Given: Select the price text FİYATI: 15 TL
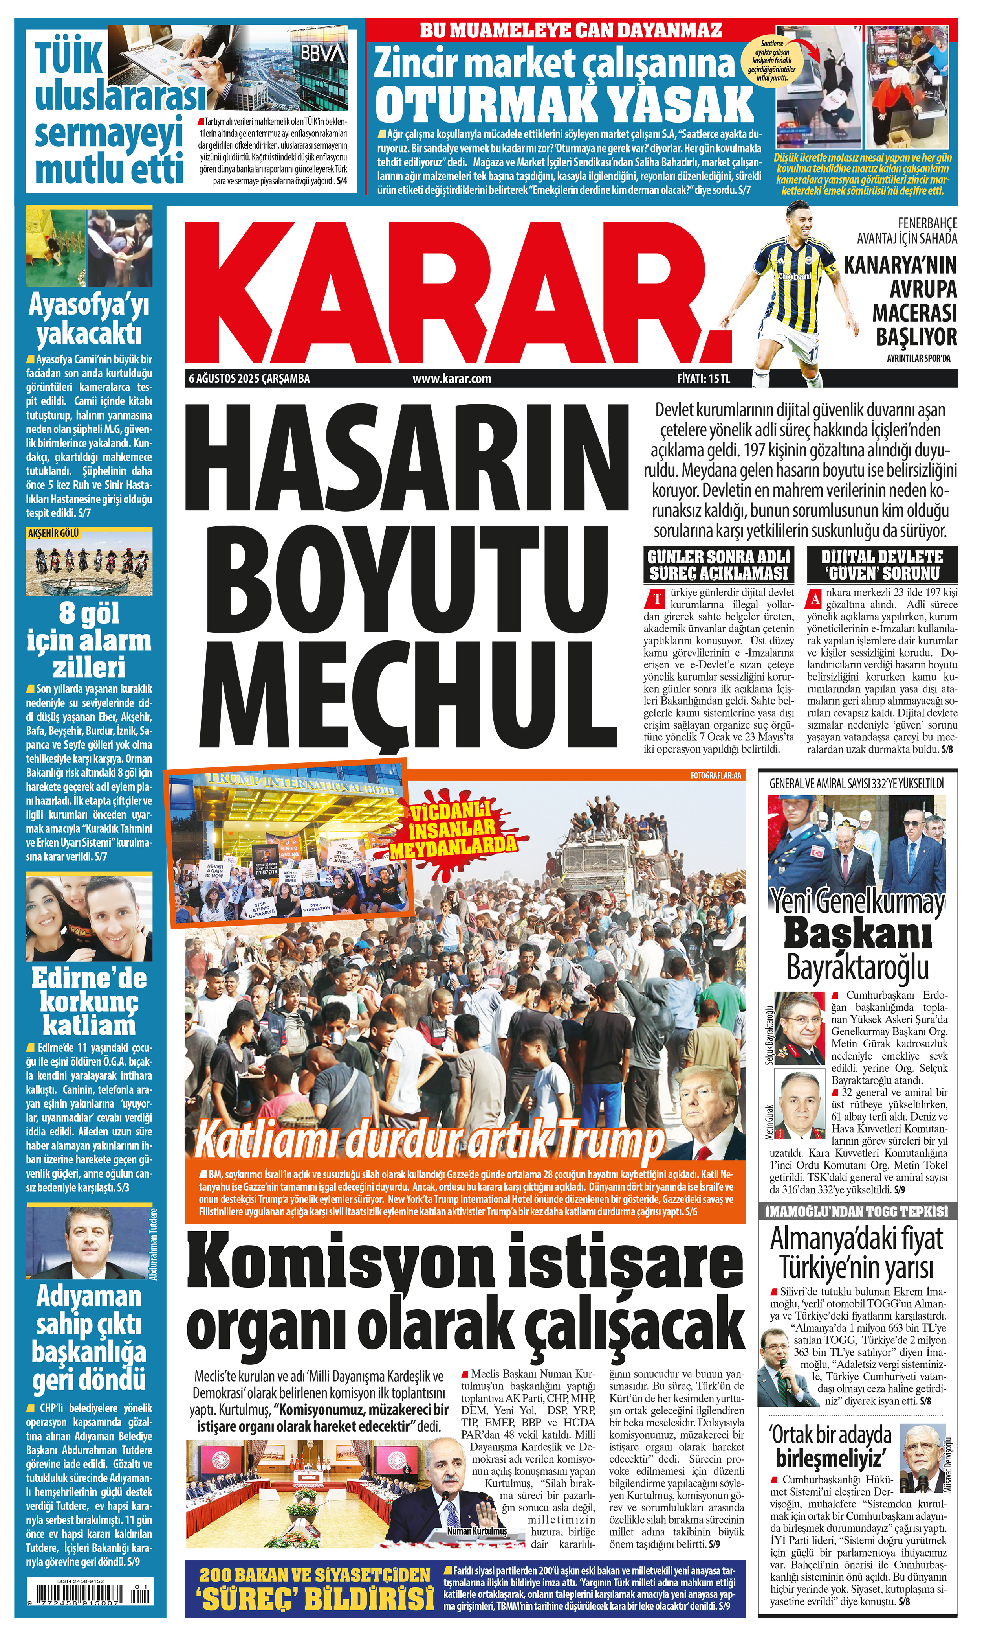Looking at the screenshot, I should coord(703,379).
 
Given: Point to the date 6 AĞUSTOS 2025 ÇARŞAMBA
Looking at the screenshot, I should coord(249,379).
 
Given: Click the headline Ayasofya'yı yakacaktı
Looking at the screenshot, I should coord(89,320).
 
